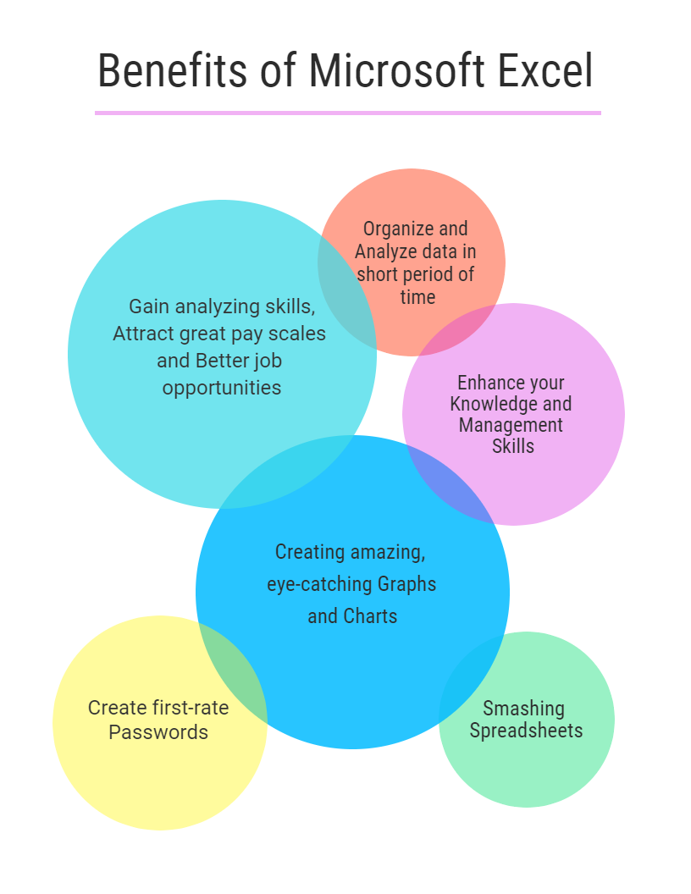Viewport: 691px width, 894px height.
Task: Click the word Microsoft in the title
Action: pyautogui.click(x=397, y=71)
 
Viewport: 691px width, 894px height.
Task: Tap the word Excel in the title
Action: pyautogui.click(x=545, y=71)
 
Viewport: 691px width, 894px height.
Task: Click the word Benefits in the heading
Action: pyautogui.click(x=172, y=71)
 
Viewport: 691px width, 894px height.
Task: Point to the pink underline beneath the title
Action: pyautogui.click(x=348, y=113)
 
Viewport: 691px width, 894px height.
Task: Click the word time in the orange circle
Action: pyautogui.click(x=418, y=297)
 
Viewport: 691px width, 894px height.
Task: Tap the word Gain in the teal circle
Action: pyautogui.click(x=149, y=306)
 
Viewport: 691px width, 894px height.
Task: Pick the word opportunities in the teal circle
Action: pyautogui.click(x=222, y=389)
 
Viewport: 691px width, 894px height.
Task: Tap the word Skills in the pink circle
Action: pyautogui.click(x=513, y=446)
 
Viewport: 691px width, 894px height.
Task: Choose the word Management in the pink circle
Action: pyautogui.click(x=511, y=425)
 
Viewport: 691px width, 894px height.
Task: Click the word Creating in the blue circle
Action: pyautogui.click(x=310, y=552)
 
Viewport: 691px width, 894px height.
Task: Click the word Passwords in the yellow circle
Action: pyautogui.click(x=158, y=732)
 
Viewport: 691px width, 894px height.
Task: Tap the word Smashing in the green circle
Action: pyautogui.click(x=524, y=709)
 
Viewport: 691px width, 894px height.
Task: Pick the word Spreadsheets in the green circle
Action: pyautogui.click(x=526, y=731)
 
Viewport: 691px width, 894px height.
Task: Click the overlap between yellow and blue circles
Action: pyautogui.click(x=233, y=673)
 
